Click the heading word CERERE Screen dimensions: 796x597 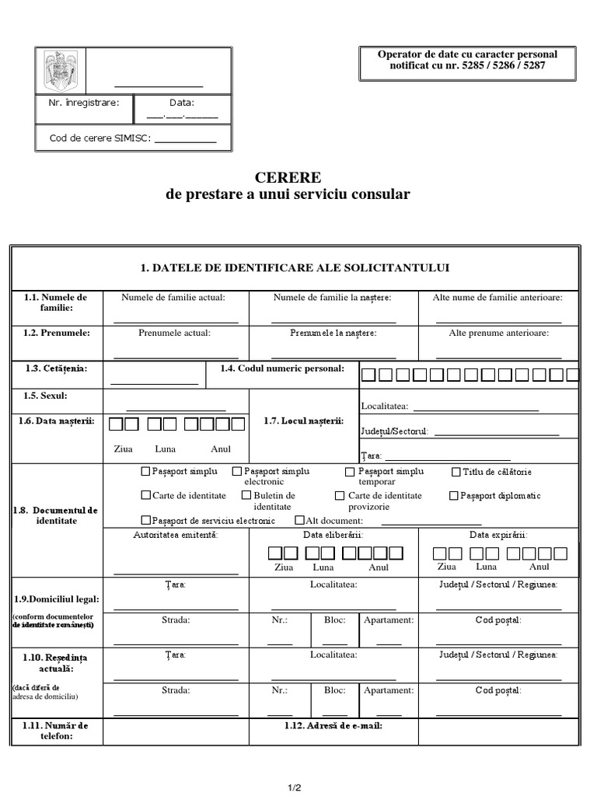pos(288,177)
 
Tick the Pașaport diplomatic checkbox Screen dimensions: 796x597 pos(454,495)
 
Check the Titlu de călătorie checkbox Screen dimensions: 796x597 pos(456,472)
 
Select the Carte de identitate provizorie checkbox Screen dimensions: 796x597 pos(340,495)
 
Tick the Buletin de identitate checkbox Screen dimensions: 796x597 pos(246,495)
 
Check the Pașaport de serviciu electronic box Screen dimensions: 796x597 pos(145,520)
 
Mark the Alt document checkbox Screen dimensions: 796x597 pos(300,520)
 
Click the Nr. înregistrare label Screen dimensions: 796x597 pos(83,102)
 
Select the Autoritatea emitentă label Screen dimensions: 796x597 pos(175,535)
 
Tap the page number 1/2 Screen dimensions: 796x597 pos(294,787)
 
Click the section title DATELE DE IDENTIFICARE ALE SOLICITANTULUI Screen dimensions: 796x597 pos(295,268)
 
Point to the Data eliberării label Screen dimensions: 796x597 pos(333,535)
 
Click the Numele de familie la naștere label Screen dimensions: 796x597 pos(333,297)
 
